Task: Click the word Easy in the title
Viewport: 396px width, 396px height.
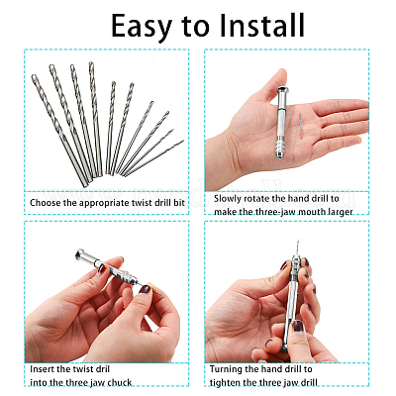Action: coord(142,27)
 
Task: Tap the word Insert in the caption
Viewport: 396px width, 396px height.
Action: coord(42,368)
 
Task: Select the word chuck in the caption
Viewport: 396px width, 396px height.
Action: coord(119,382)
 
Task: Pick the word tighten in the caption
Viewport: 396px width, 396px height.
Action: coord(225,383)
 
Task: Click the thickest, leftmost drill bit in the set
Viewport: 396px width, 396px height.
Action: coord(59,130)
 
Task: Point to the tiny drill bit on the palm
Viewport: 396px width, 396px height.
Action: coord(301,124)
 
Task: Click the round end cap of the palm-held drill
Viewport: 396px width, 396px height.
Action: coord(282,91)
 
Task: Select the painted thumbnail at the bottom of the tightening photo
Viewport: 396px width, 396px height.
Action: coord(298,327)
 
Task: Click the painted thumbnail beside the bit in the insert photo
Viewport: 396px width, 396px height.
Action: coord(145,289)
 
